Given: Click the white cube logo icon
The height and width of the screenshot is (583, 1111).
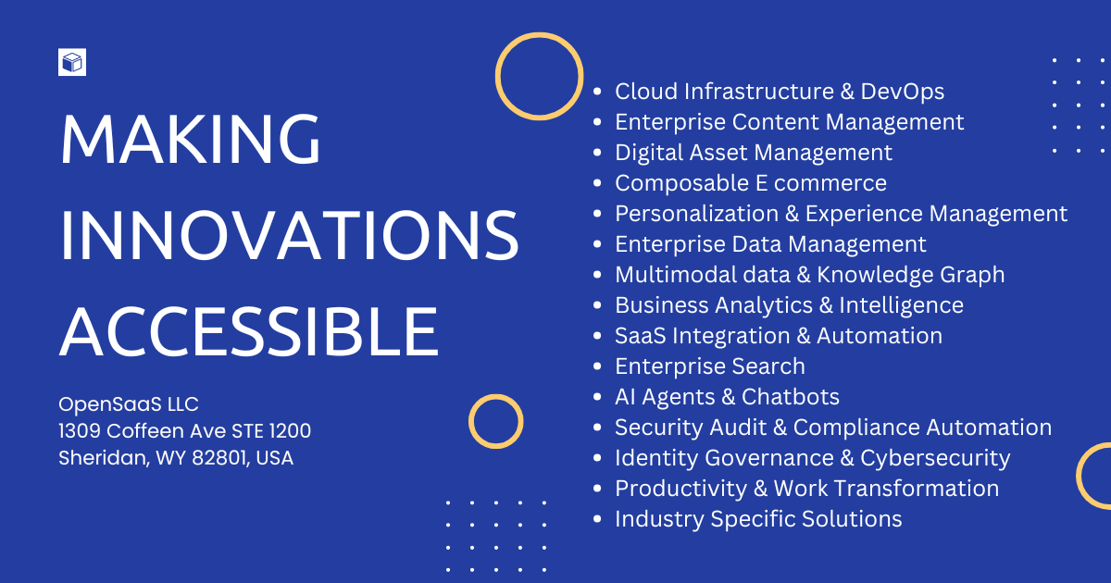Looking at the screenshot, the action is pyautogui.click(x=72, y=62).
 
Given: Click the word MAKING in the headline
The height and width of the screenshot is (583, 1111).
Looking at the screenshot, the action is pyautogui.click(x=191, y=140).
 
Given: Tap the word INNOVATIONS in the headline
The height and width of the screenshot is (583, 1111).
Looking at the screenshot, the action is pyautogui.click(x=289, y=235).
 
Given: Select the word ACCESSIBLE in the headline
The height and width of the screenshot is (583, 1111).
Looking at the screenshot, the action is pyautogui.click(x=249, y=331).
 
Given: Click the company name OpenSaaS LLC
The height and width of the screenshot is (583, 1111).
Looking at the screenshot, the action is pyautogui.click(x=129, y=404).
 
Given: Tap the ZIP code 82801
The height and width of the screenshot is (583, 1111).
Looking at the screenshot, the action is pyautogui.click(x=218, y=458).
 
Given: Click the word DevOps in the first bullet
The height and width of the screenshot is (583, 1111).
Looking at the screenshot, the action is pyautogui.click(x=902, y=92).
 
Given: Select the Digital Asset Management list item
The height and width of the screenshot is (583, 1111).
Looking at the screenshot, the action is pyautogui.click(x=754, y=153).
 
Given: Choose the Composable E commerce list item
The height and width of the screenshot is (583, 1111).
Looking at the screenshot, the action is pyautogui.click(x=751, y=183).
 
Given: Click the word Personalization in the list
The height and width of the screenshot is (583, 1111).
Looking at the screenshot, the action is pyautogui.click(x=697, y=214).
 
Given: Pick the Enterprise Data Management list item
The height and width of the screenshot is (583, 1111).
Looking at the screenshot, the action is pyautogui.click(x=770, y=244).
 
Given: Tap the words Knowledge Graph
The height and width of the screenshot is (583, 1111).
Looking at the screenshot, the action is pyautogui.click(x=911, y=275).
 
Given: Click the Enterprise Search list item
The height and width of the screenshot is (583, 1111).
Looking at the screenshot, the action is pyautogui.click(x=710, y=366).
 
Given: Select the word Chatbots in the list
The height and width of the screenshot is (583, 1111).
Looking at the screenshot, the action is pyautogui.click(x=790, y=397).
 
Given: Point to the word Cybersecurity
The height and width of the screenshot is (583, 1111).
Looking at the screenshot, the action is pyautogui.click(x=935, y=458).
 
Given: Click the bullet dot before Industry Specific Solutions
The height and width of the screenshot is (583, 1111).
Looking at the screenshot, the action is pyautogui.click(x=597, y=519).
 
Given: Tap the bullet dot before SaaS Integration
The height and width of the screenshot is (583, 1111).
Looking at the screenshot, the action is pyautogui.click(x=597, y=336).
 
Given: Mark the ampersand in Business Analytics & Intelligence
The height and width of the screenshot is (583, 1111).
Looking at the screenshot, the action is pyautogui.click(x=826, y=305).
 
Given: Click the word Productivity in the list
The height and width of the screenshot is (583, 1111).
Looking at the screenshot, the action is pyautogui.click(x=681, y=489).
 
